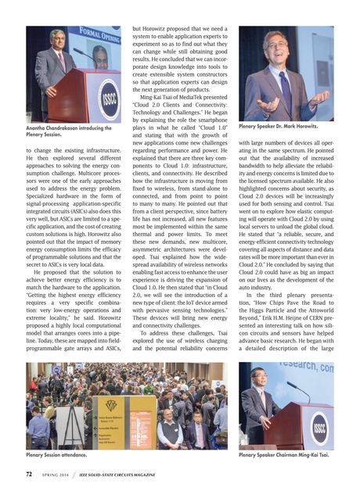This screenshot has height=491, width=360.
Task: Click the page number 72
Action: [29, 475]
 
